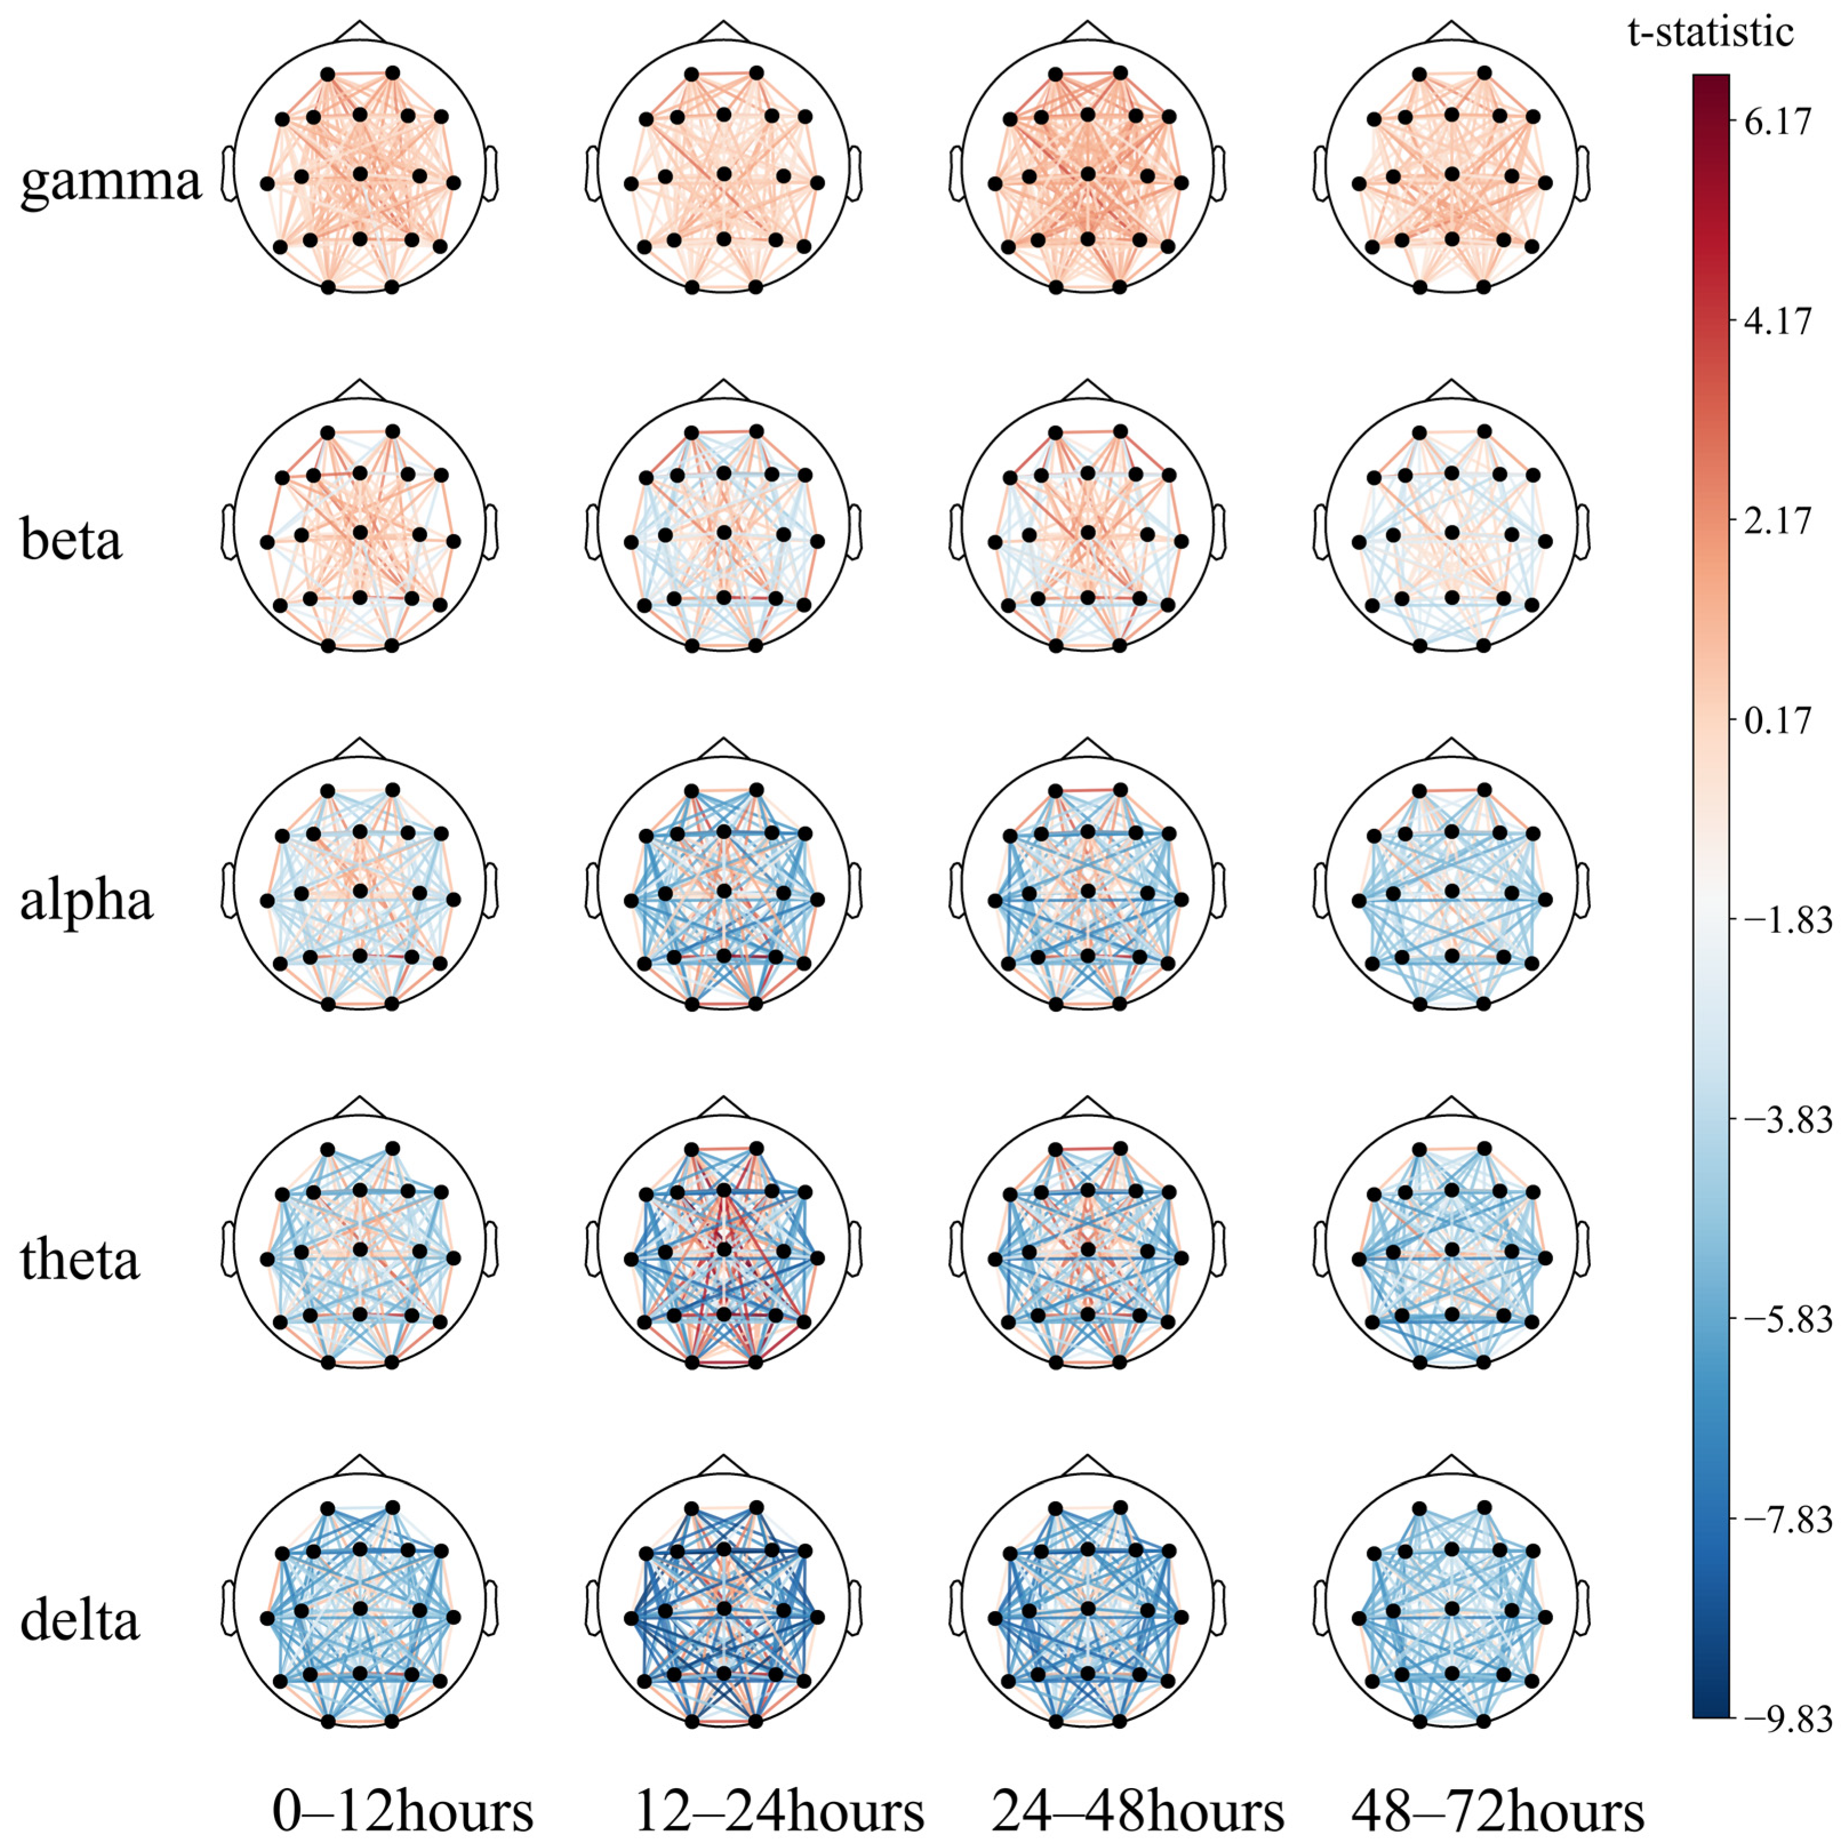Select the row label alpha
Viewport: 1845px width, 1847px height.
point(86,900)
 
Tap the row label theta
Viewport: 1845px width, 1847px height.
point(81,1260)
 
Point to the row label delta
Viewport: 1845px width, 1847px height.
point(81,1620)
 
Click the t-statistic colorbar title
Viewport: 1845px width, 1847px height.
point(1710,34)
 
